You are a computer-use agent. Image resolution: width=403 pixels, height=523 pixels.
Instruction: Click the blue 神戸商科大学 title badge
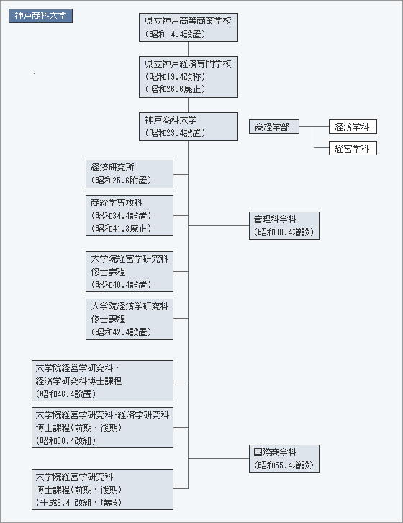40,16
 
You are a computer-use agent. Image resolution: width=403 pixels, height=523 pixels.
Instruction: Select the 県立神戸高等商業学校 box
189,27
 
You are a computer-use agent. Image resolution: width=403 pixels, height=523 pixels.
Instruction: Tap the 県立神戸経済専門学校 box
189,77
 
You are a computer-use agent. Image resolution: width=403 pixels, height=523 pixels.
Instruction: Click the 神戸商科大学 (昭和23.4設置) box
189,127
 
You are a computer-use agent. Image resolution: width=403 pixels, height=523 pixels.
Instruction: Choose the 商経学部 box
274,127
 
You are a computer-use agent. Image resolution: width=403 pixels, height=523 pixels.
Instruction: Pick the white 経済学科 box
353,127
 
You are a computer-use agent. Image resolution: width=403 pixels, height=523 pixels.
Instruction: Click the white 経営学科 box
353,148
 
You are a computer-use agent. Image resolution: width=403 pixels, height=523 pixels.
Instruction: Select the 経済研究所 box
130,174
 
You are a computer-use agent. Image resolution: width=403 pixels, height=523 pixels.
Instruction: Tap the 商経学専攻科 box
130,216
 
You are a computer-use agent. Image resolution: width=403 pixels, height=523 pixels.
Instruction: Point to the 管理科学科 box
284,225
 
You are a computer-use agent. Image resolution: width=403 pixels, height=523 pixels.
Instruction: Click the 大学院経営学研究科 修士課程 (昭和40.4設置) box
130,271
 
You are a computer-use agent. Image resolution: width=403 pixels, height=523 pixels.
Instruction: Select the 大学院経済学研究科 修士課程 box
130,319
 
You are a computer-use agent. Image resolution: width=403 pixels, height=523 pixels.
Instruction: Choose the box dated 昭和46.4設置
102,381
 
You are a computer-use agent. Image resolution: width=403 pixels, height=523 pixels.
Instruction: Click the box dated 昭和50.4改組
102,427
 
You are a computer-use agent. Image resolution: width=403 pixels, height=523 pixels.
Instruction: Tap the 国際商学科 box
284,459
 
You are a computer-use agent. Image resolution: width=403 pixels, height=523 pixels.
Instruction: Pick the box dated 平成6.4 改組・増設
102,489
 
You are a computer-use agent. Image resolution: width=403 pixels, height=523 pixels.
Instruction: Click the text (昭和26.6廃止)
175,89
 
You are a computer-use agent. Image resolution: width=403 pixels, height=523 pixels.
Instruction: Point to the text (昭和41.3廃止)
121,228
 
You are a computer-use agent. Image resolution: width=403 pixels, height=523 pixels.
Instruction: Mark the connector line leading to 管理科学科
219,225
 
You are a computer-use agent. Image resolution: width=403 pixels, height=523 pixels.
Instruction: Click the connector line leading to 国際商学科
219,459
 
